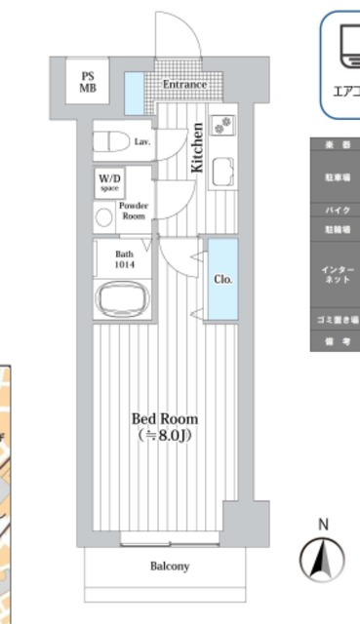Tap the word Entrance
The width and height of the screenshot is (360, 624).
click(x=183, y=85)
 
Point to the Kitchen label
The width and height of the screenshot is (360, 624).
click(x=197, y=146)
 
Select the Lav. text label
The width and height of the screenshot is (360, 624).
click(x=141, y=142)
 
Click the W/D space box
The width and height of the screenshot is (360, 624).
click(x=108, y=181)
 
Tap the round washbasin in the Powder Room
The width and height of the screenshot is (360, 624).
click(x=103, y=216)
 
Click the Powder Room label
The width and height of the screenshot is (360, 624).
click(x=134, y=211)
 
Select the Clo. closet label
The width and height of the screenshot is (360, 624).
click(x=221, y=279)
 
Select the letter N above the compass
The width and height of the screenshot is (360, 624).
click(x=322, y=525)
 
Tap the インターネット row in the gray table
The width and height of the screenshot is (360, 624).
click(x=335, y=274)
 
